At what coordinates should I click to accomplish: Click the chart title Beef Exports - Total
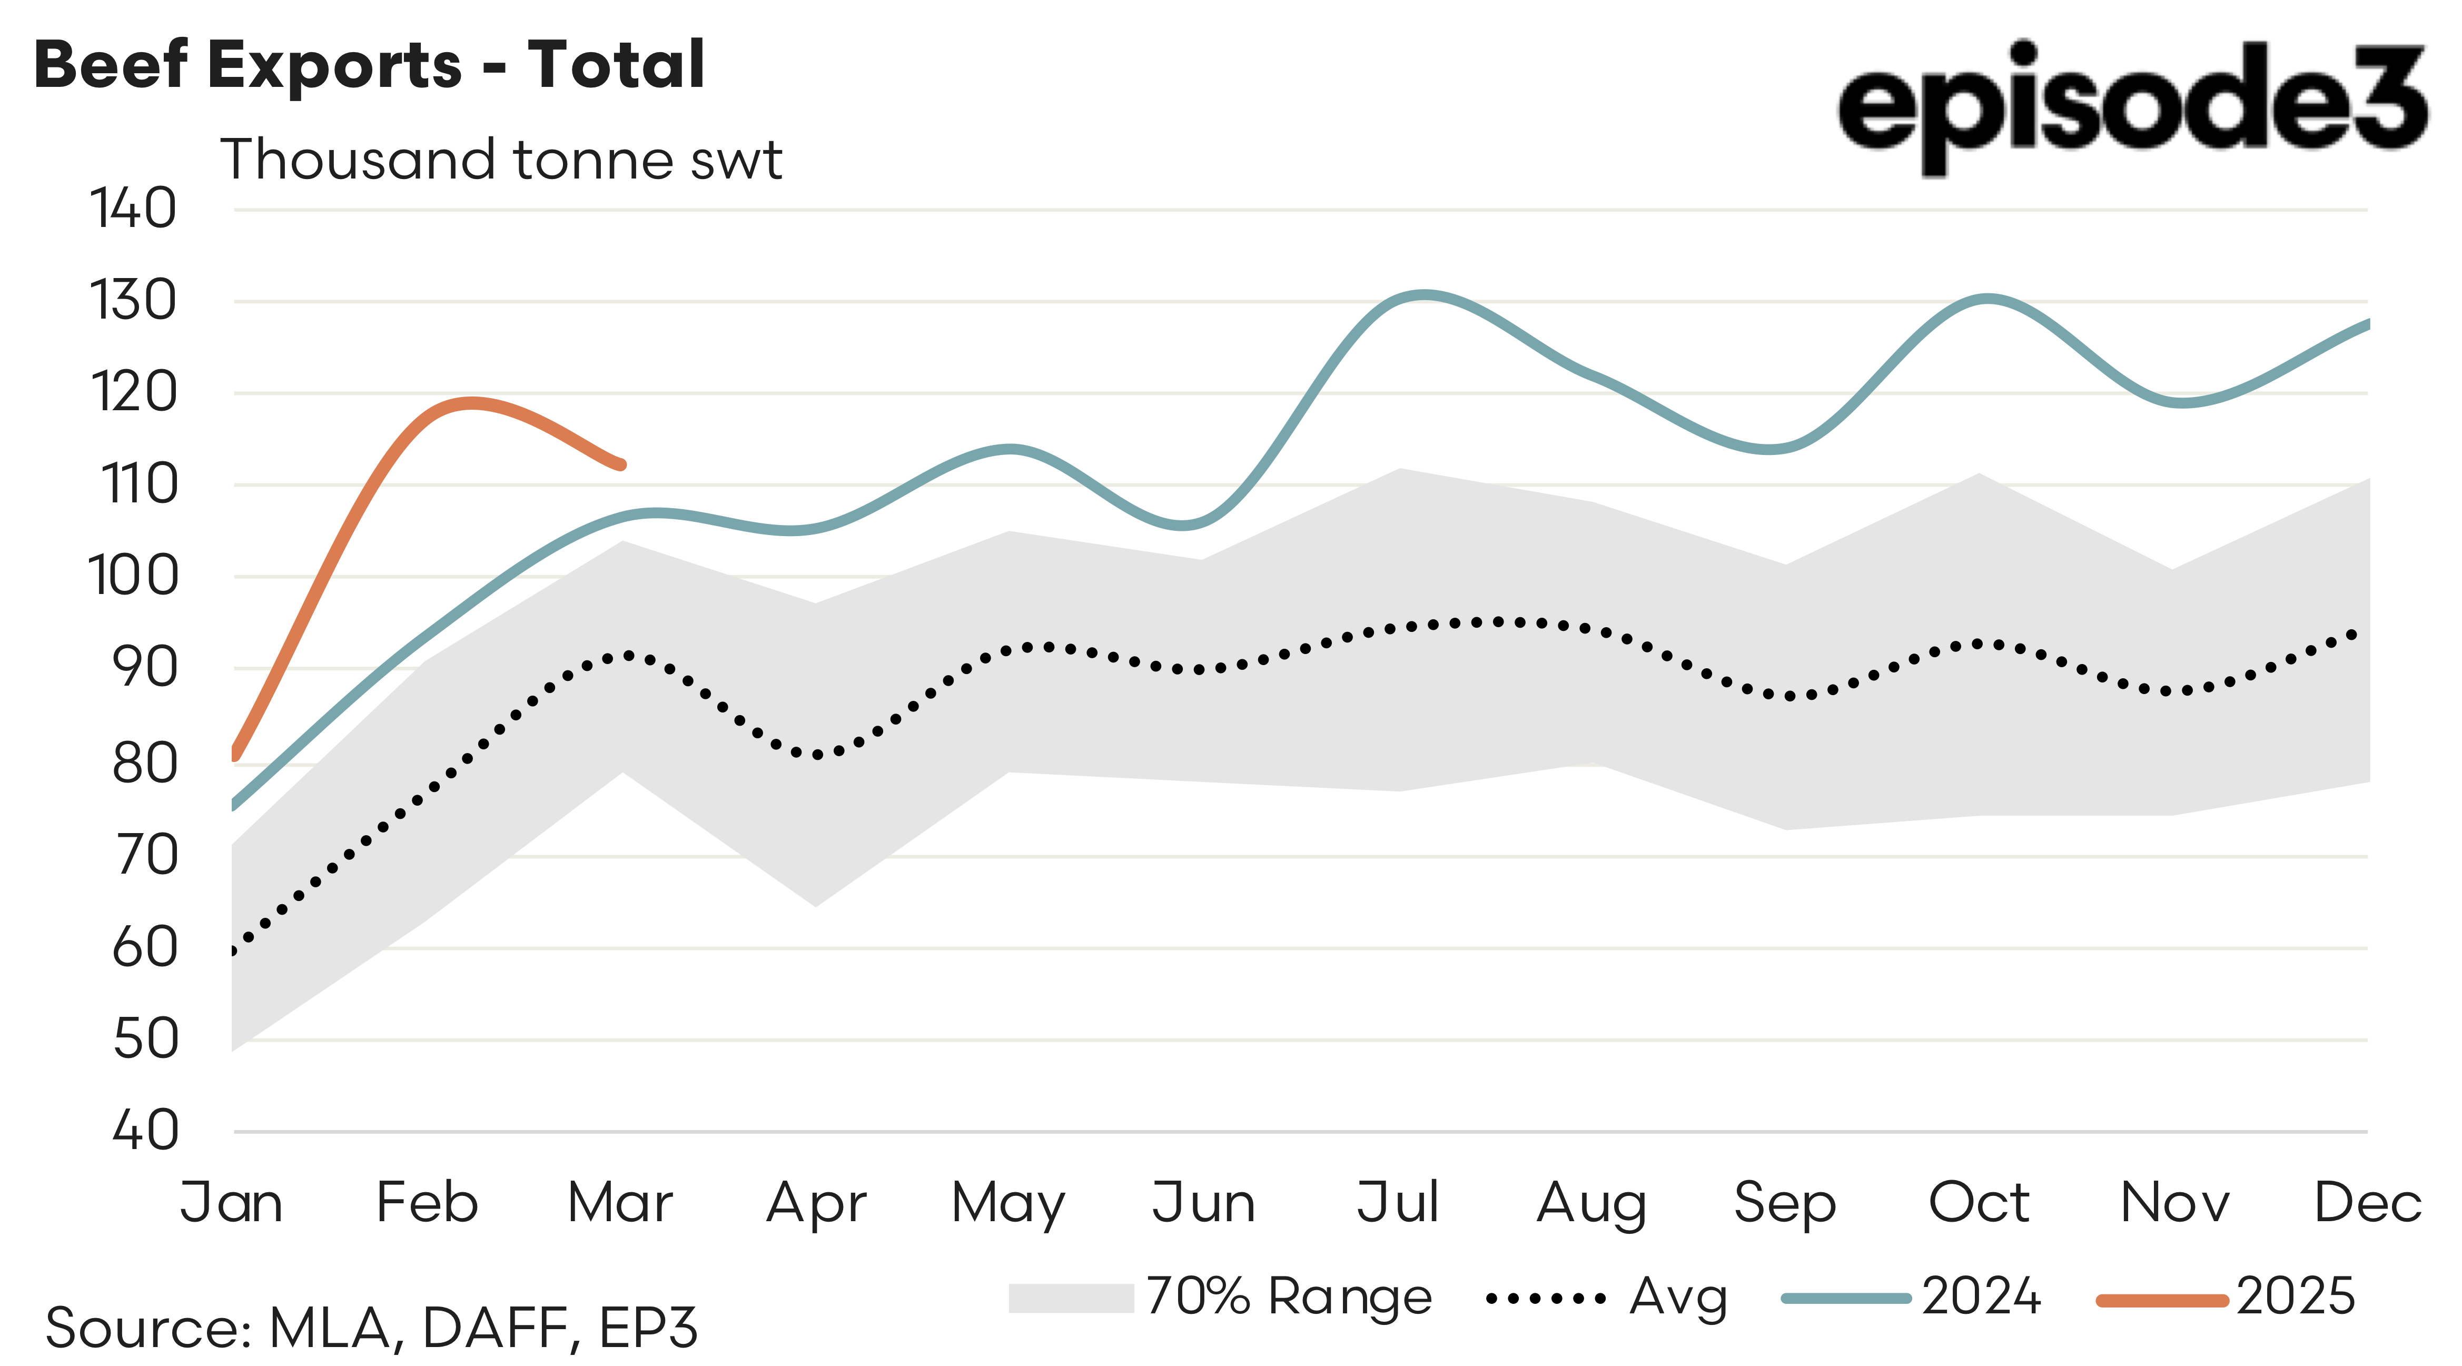369,65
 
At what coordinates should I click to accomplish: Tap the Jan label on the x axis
232,1203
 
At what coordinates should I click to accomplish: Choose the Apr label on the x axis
816,1203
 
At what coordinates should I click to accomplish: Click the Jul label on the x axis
1397,1203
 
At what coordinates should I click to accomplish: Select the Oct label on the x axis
1979,1203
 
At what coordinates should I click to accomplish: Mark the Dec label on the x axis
2367,1203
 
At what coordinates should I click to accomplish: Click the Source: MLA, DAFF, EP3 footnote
371,1328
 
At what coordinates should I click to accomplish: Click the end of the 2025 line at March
621,464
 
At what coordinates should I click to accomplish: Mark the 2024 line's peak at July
1424,295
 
